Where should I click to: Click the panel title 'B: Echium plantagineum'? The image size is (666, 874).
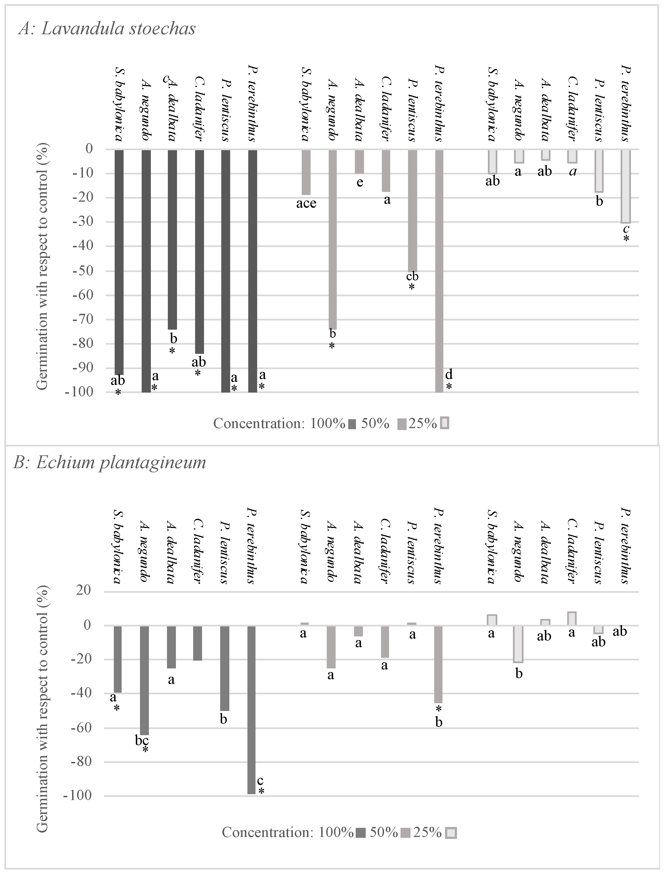pyautogui.click(x=110, y=462)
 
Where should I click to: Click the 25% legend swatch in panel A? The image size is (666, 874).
pyautogui.click(x=445, y=424)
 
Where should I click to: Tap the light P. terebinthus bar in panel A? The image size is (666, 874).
pyautogui.click(x=626, y=186)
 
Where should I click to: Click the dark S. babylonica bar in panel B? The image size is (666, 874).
pyautogui.click(x=118, y=659)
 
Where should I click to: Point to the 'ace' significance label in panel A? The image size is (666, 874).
pyautogui.click(x=306, y=204)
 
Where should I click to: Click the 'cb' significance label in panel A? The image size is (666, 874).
pyautogui.click(x=412, y=276)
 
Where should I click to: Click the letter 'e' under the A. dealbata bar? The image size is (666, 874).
pyautogui.click(x=360, y=183)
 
